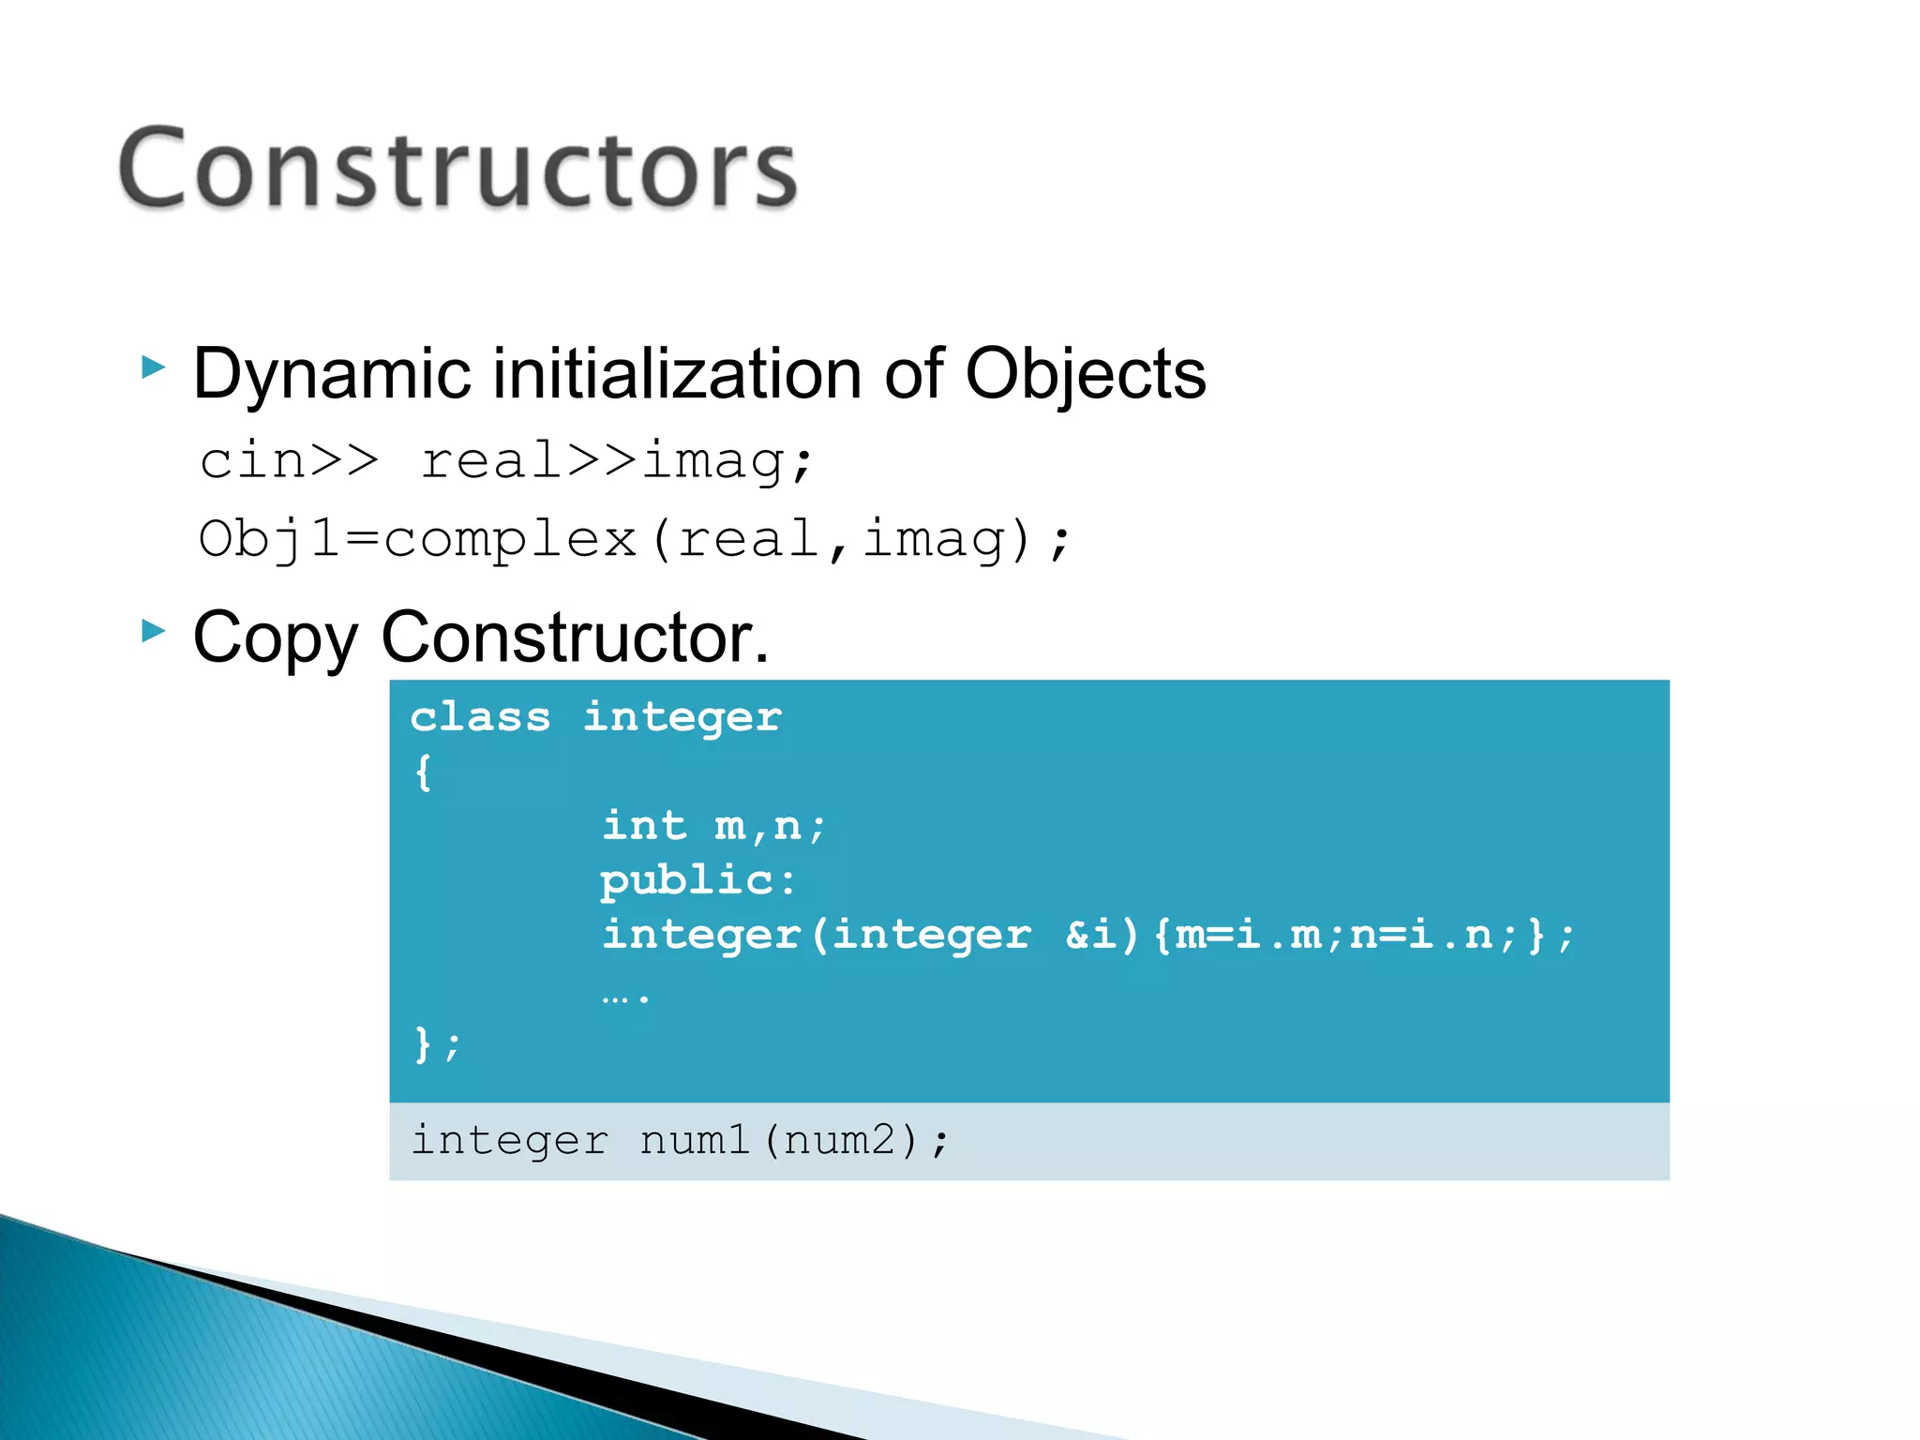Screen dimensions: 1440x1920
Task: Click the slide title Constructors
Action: click(457, 169)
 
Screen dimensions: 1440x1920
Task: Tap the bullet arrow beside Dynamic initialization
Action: click(154, 367)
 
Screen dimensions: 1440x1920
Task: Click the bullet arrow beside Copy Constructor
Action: click(154, 631)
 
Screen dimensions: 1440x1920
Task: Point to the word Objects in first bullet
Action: click(1085, 374)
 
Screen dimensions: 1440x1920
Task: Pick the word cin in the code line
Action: click(252, 460)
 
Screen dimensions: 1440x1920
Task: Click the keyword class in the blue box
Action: click(480, 718)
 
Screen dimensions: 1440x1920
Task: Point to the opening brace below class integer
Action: click(423, 772)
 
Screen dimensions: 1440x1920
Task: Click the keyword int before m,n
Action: click(644, 826)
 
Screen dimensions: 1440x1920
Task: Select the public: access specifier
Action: click(697, 880)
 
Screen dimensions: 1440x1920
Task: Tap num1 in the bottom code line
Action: click(695, 1140)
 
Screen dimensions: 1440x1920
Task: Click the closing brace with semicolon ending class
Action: click(437, 1043)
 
